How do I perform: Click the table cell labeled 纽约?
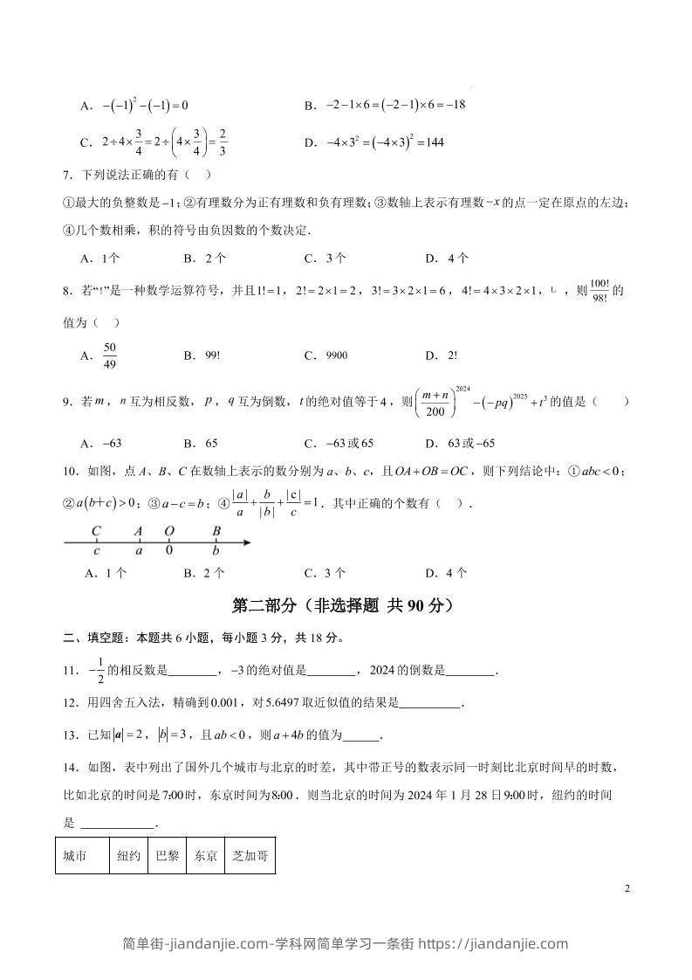pos(129,857)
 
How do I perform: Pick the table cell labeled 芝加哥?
pos(250,857)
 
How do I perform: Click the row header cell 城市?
pos(83,857)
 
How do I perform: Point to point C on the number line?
pos(96,543)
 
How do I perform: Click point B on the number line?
pos(216,543)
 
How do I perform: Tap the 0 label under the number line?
pos(169,552)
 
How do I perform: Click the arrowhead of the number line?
pos(248,543)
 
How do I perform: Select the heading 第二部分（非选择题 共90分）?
pos(346,605)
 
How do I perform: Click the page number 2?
pos(627,889)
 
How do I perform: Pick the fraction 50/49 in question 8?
pos(110,355)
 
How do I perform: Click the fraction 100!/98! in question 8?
pos(599,291)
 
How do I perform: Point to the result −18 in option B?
pos(456,105)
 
